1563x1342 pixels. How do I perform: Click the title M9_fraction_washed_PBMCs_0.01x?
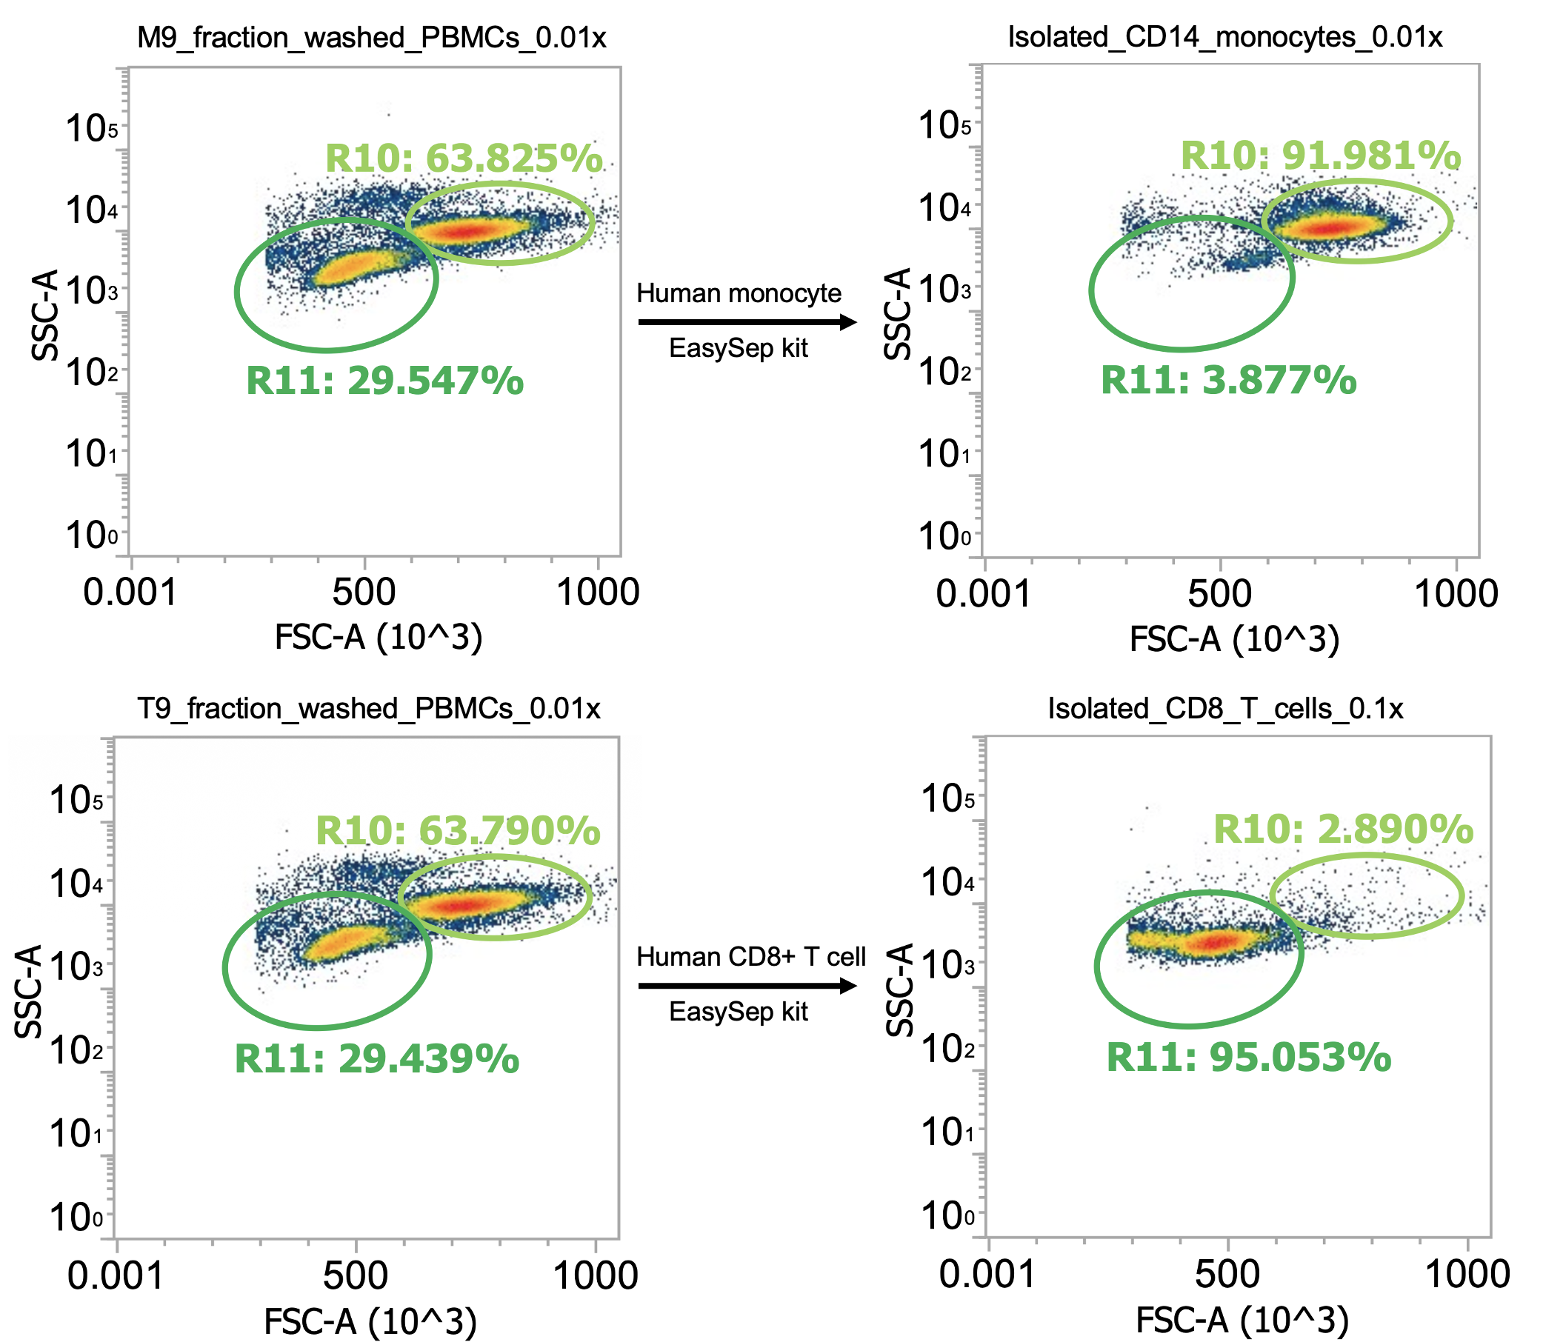tap(371, 37)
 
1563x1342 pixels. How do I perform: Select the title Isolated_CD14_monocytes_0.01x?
tap(1225, 37)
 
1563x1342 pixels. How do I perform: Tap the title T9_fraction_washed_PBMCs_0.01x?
tap(369, 708)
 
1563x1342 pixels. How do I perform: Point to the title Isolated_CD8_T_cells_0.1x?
tap(1226, 708)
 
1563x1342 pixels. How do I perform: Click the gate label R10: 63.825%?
tap(464, 158)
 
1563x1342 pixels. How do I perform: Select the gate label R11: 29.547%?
tap(384, 380)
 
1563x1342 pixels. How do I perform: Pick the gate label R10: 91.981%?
tap(1321, 156)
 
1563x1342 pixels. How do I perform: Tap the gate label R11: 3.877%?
tap(1229, 379)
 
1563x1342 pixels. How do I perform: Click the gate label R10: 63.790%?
tap(458, 831)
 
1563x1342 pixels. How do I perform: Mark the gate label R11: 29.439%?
tap(377, 1059)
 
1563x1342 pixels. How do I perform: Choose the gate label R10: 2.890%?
tap(1344, 829)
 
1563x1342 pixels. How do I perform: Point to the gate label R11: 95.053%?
tap(1248, 1058)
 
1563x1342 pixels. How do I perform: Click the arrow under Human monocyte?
tap(747, 322)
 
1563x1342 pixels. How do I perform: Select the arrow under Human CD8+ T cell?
tap(747, 985)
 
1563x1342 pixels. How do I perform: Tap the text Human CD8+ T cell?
tap(750, 957)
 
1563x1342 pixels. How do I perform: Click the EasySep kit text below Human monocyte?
tap(739, 349)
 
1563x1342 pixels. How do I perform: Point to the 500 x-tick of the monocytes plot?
tap(1220, 594)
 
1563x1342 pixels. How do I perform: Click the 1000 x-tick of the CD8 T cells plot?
tap(1467, 1274)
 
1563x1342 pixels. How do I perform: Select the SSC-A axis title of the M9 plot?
tap(44, 316)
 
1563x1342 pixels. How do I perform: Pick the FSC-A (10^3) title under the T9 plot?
tap(370, 1321)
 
